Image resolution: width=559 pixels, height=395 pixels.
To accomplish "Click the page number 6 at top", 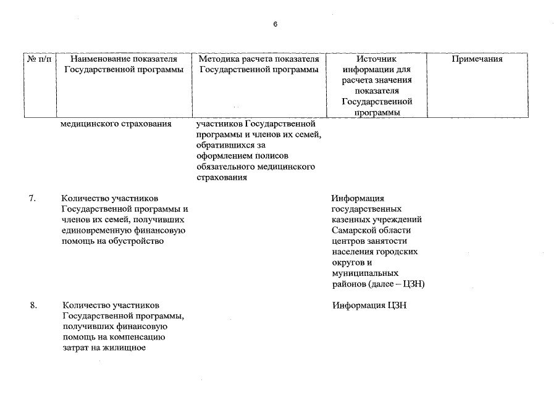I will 275,24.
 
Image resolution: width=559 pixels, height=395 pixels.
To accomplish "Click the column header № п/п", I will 40,59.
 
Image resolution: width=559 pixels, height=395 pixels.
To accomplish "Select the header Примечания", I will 477,59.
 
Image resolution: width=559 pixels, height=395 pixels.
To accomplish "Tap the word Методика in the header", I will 217,59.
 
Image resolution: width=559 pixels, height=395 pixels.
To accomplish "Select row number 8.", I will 33,305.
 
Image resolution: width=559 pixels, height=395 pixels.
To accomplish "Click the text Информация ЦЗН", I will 368,305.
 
